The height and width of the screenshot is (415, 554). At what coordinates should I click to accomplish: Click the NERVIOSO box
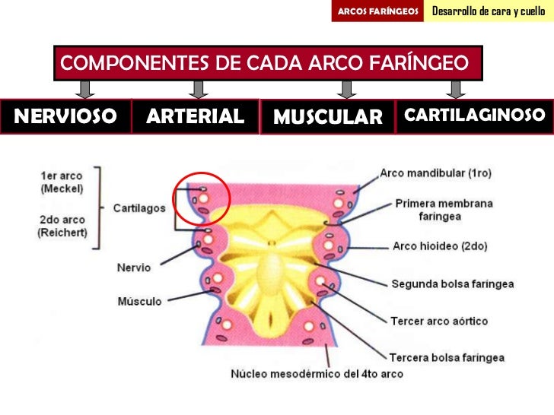coord(65,116)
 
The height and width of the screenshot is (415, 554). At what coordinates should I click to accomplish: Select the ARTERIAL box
coord(196,116)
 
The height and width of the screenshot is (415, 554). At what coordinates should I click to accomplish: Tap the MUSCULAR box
coord(327,117)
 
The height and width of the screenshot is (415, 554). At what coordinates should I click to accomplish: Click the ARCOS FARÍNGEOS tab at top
coord(378,11)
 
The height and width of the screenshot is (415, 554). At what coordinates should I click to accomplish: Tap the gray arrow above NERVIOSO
coord(86,90)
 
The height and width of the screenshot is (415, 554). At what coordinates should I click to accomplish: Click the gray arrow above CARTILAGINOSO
coord(456,90)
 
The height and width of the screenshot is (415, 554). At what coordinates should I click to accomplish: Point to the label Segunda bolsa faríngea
coord(452,284)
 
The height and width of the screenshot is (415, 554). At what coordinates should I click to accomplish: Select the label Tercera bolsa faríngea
coord(447,357)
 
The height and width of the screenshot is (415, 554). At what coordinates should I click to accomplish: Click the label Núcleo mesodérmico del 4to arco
coord(317,374)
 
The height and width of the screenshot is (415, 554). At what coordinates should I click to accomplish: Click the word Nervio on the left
coord(134,268)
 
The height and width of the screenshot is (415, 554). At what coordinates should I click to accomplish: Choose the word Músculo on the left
coord(139,302)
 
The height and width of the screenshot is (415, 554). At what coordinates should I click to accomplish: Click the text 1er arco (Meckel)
coord(62,182)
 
